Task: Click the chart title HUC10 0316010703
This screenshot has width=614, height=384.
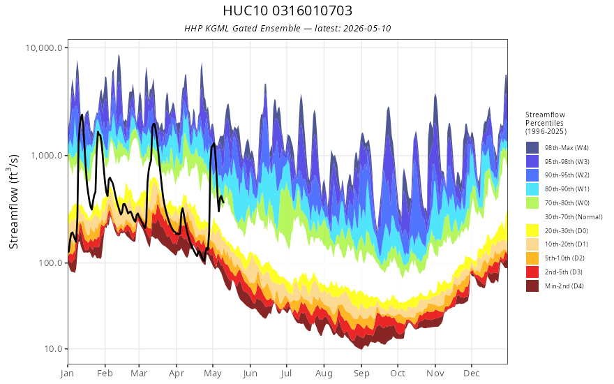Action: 287,10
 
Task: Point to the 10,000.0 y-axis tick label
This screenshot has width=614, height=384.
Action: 44,47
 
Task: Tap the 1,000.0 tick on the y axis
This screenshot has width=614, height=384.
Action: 47,156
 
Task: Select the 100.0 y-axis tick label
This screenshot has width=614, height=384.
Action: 50,263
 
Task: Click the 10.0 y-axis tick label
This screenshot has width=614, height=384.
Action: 53,348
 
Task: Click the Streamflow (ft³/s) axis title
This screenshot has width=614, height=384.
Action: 14,202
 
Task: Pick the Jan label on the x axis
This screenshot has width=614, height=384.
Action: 68,374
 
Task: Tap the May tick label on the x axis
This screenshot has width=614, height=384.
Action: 213,374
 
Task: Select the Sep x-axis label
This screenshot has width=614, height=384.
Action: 361,374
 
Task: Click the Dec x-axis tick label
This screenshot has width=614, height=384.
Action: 472,374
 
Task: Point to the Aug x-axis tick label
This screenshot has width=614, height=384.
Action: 324,374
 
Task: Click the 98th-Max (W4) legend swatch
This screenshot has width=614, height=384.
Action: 532,148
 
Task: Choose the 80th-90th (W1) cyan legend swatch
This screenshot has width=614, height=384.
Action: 532,189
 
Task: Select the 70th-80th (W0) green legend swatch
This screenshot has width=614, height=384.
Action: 532,203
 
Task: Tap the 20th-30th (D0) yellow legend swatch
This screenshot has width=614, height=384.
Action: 532,231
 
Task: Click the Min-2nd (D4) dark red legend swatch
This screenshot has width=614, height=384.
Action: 532,286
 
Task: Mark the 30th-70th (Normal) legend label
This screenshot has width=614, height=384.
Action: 574,217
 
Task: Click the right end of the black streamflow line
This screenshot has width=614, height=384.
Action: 223,202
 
